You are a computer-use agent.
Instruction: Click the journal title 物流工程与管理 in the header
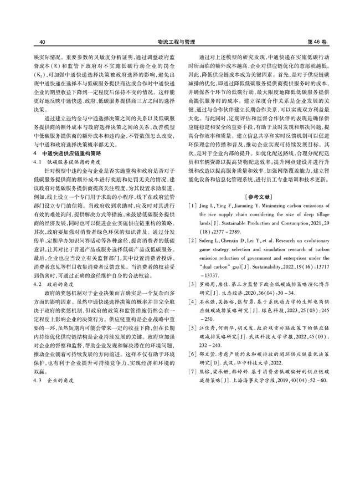click(180, 42)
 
